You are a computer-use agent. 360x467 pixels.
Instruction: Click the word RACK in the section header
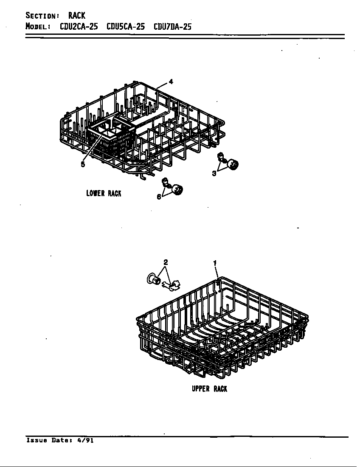click(x=76, y=15)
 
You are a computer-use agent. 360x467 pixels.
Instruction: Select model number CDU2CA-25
click(x=79, y=27)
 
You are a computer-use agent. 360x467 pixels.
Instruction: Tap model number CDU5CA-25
click(x=126, y=27)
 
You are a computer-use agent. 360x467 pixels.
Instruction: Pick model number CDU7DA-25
click(x=172, y=27)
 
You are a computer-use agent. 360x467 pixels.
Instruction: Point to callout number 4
click(x=171, y=82)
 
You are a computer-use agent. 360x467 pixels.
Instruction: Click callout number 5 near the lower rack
click(x=83, y=164)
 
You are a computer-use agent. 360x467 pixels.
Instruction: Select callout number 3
click(x=214, y=173)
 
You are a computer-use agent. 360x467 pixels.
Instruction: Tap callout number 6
click(x=159, y=197)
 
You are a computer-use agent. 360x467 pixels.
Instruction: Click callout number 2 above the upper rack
click(x=166, y=262)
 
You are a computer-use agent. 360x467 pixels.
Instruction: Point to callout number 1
click(x=215, y=263)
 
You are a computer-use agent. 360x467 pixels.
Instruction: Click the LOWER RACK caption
click(x=104, y=193)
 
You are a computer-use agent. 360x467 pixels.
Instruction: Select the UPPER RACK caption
click(x=209, y=388)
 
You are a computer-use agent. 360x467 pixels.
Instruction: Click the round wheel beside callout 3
click(x=233, y=164)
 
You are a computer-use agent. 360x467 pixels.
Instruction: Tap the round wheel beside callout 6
click(x=177, y=189)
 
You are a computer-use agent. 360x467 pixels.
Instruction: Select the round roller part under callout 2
click(x=154, y=279)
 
